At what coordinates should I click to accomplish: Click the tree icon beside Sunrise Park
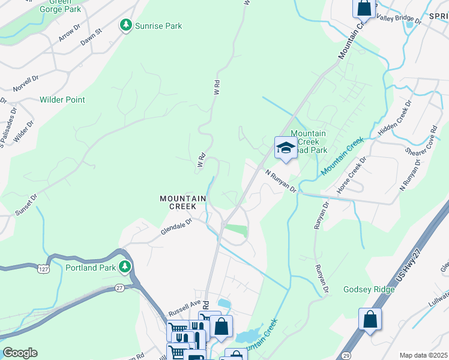(x=125, y=25)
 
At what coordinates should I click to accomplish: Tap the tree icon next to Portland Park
(x=125, y=267)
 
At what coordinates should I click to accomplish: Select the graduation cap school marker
(x=286, y=148)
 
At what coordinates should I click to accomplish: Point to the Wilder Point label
(x=62, y=100)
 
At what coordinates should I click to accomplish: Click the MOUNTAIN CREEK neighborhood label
(x=183, y=202)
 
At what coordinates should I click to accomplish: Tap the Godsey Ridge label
(x=369, y=290)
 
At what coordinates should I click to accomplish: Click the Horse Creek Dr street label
(x=351, y=175)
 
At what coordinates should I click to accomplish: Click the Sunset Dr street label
(x=26, y=205)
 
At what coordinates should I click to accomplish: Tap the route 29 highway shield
(x=346, y=356)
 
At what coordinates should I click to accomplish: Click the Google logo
(x=20, y=353)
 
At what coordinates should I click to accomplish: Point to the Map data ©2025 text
(x=423, y=355)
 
